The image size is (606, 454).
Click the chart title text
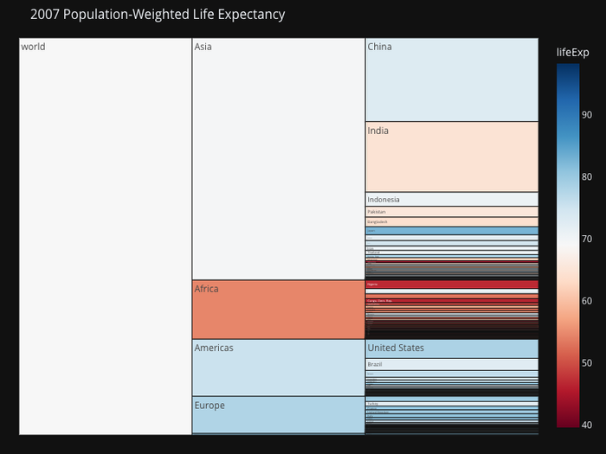click(x=157, y=15)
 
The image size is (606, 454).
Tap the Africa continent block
click(x=278, y=310)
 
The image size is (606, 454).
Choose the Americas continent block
click(x=278, y=368)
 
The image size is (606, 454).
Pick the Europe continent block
click(x=278, y=414)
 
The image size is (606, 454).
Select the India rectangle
click(x=451, y=157)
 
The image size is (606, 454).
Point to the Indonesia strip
click(x=451, y=199)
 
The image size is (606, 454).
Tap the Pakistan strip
click(x=451, y=211)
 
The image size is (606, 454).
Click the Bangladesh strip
click(x=451, y=222)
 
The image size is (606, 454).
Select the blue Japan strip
click(x=451, y=231)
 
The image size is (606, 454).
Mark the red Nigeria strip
click(x=451, y=284)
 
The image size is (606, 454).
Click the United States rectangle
click(x=451, y=348)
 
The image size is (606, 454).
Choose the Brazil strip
click(x=451, y=364)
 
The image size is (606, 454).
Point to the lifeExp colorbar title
click(x=574, y=53)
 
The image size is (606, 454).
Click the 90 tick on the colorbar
click(x=586, y=115)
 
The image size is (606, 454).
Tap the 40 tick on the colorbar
click(x=586, y=425)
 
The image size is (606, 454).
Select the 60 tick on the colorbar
click(x=586, y=301)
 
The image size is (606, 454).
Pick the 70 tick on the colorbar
click(x=586, y=239)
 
